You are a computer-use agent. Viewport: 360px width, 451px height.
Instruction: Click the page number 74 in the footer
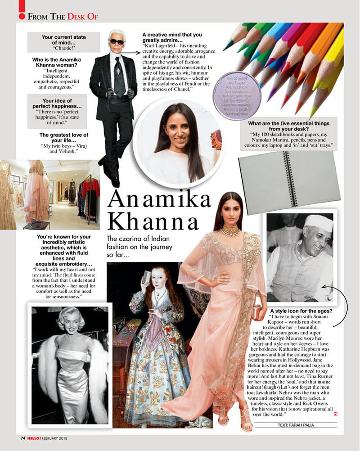23,437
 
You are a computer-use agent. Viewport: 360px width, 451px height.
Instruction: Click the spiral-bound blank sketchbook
289,176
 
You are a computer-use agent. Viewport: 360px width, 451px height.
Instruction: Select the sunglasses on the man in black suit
117,41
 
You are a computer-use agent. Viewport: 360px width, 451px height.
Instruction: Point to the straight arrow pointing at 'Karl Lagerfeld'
130,53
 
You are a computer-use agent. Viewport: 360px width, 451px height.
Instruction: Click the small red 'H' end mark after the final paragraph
335,414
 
